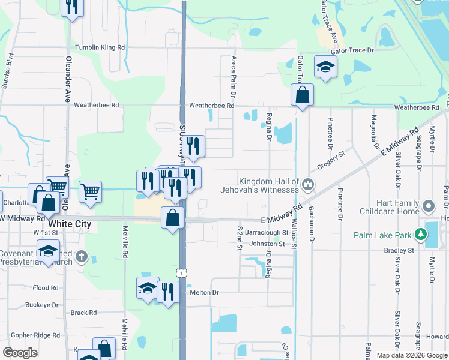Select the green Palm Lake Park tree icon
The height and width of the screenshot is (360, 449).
[422, 234]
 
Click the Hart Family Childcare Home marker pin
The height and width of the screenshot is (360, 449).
[428, 207]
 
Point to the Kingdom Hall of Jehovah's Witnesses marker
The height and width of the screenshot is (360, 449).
[307, 184]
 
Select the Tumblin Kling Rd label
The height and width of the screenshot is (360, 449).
[100, 47]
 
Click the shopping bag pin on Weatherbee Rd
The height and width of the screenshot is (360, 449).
[302, 95]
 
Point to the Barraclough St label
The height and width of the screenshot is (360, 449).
[267, 232]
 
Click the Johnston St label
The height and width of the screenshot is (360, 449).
[267, 244]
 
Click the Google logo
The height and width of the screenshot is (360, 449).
[20, 353]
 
